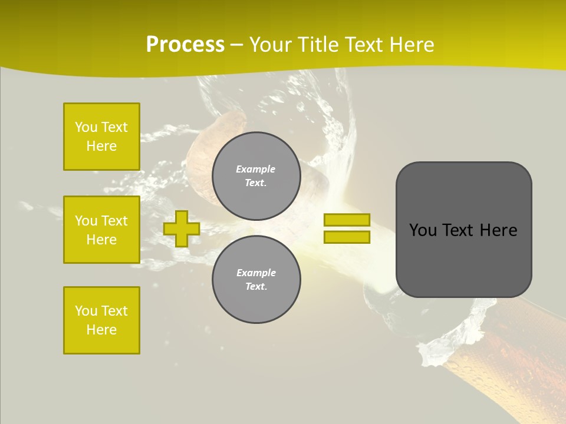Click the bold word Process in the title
[x=185, y=45]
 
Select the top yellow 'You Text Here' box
[x=101, y=137]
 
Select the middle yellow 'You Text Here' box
[x=101, y=230]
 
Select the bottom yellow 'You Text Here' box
[x=101, y=320]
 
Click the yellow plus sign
[x=182, y=228]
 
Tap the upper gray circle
[x=256, y=176]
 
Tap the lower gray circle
[x=256, y=280]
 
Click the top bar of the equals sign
[x=347, y=220]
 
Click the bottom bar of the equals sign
[x=347, y=237]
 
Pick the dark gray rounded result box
[x=463, y=259]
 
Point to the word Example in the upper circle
[x=255, y=169]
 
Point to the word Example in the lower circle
[x=256, y=273]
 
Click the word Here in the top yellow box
[x=101, y=146]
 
